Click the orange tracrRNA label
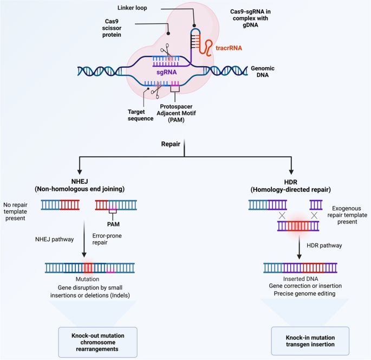[x=229, y=48]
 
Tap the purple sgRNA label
[x=167, y=72]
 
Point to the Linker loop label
[x=132, y=8]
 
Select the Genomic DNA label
[x=263, y=72]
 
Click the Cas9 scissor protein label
[x=112, y=28]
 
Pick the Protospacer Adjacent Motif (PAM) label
[x=176, y=113]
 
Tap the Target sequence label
[x=140, y=115]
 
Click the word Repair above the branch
[x=171, y=144]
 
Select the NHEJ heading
[x=80, y=185]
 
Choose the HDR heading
[x=290, y=186]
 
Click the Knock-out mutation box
[x=97, y=342]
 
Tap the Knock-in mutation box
[x=310, y=341]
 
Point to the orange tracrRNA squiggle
[x=205, y=48]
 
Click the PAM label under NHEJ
[x=113, y=224]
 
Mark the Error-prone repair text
[x=107, y=239]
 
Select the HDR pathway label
[x=324, y=246]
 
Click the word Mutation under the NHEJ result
[x=87, y=279]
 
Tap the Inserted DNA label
[x=301, y=279]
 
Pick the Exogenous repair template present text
[x=347, y=215]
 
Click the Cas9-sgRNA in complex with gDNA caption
[x=250, y=18]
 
